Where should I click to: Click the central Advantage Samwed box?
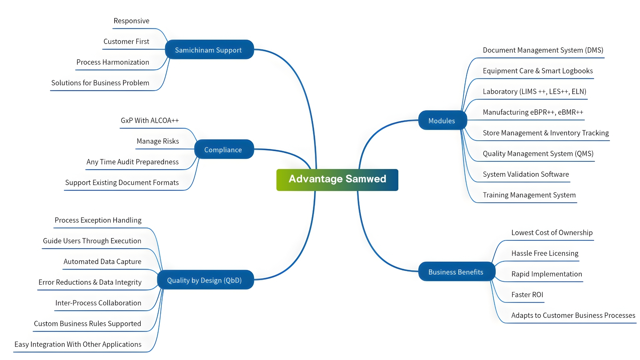[337, 180]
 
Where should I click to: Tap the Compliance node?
[223, 149]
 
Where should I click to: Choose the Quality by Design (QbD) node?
[205, 280]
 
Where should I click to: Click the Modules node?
[442, 120]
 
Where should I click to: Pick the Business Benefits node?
[456, 272]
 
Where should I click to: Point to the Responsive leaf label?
[131, 21]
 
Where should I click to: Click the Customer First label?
[126, 41]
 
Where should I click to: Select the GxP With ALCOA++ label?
[150, 120]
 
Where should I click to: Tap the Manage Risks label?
[158, 141]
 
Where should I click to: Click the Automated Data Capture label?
[102, 261]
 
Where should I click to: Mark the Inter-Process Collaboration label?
[98, 303]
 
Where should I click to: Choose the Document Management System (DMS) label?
[543, 50]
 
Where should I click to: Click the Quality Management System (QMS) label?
[538, 153]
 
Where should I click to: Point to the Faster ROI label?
[527, 295]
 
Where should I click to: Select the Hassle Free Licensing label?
[545, 253]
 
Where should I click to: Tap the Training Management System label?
[529, 195]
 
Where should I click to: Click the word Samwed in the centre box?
[366, 179]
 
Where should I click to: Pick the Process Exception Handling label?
[98, 220]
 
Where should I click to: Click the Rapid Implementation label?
[546, 274]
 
